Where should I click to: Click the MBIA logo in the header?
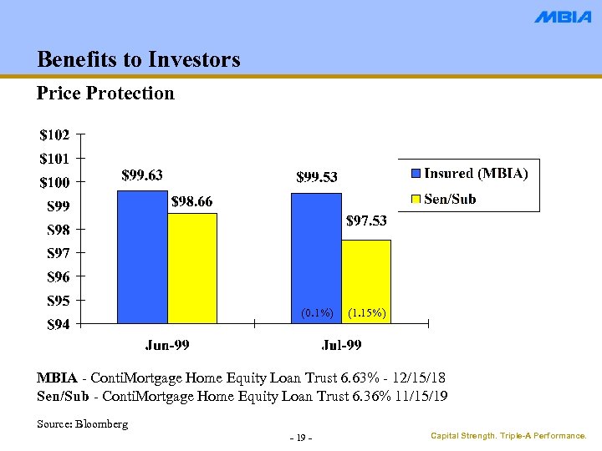point(562,17)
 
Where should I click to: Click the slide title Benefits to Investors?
point(139,59)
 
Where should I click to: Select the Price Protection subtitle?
point(105,93)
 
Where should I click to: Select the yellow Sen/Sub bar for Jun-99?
point(192,268)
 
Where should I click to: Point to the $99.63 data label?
point(142,175)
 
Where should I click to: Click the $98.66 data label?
point(192,201)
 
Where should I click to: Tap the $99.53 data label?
point(317,176)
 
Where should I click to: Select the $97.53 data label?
point(366,221)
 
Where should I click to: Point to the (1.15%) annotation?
point(366,313)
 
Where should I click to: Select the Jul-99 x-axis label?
point(341,344)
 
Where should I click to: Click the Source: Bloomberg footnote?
point(83,424)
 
